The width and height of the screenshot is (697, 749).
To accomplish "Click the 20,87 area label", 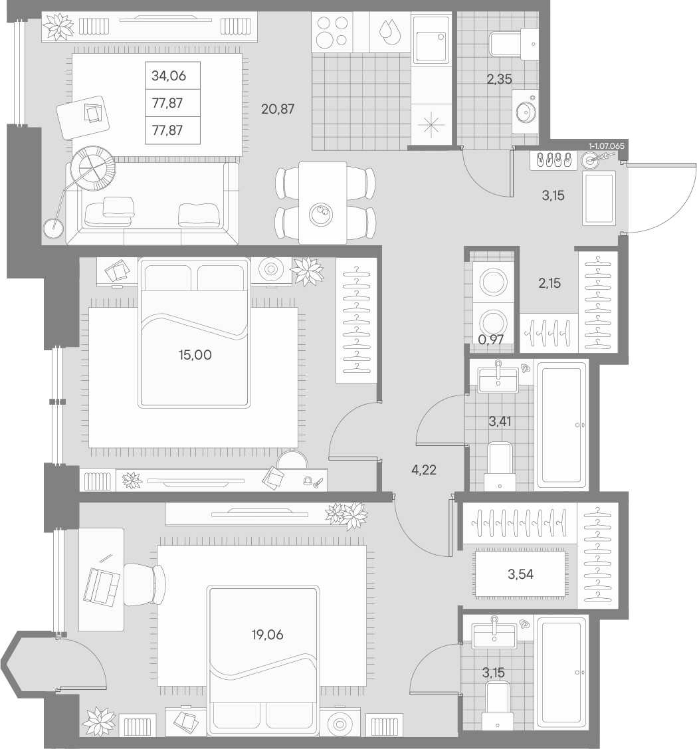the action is tap(278, 110).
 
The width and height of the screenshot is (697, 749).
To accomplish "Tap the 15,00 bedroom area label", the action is tap(195, 355).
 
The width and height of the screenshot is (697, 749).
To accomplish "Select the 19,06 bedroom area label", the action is tap(267, 635).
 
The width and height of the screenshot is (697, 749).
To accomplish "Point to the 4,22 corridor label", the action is tap(424, 470).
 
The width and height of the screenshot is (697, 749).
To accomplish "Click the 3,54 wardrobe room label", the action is tap(520, 574).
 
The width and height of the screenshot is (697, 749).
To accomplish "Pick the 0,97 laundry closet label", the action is tap(490, 340).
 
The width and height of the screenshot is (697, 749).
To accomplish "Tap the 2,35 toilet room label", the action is tap(499, 79).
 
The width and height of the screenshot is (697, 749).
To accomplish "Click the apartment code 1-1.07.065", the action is tap(606, 146).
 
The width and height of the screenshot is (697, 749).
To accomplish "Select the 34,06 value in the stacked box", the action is tap(169, 76).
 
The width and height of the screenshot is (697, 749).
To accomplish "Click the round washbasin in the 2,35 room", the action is tap(526, 111).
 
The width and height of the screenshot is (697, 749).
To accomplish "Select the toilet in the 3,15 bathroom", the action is tap(497, 705).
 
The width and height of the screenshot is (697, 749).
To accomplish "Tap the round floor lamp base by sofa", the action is tap(54, 229).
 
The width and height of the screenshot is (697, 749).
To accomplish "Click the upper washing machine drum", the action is tap(493, 282).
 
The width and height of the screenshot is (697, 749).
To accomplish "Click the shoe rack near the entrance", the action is tap(553, 160).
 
